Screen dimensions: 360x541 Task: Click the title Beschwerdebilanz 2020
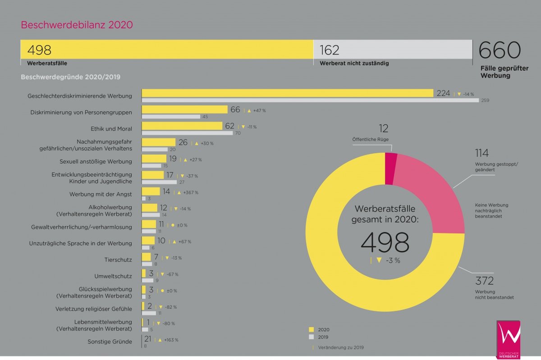[77, 25]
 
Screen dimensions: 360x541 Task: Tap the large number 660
[500, 50]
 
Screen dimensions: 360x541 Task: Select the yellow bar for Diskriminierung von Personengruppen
[184, 109]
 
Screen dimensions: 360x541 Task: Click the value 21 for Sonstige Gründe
[147, 339]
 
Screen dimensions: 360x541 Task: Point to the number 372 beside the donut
[485, 281]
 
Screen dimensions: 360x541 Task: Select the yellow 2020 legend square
[311, 329]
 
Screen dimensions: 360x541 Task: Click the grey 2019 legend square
[311, 337]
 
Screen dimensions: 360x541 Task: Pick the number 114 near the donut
[482, 153]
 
